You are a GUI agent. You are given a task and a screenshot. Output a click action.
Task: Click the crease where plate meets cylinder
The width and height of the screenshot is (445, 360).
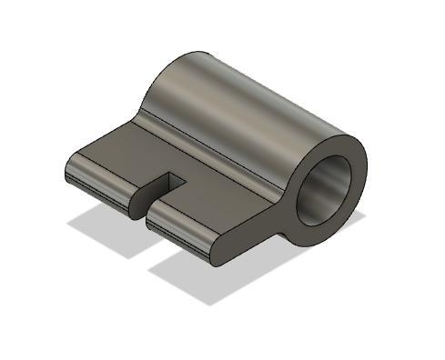tap(209, 155)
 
